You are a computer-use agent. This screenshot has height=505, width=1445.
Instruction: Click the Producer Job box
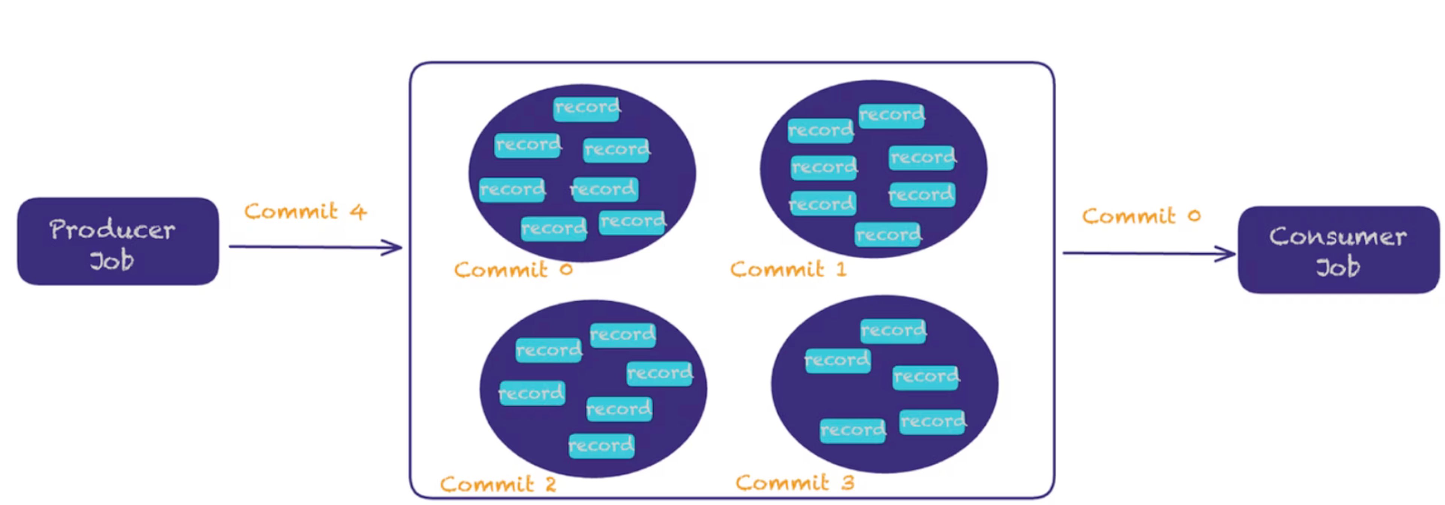pyautogui.click(x=118, y=241)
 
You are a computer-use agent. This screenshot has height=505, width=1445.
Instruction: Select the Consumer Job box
pyautogui.click(x=1339, y=250)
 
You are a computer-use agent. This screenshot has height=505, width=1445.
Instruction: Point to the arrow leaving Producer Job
pyautogui.click(x=316, y=247)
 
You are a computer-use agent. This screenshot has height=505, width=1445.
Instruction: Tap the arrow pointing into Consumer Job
pyautogui.click(x=1149, y=254)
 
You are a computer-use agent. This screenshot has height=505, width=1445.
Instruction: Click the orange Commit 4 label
pyautogui.click(x=306, y=211)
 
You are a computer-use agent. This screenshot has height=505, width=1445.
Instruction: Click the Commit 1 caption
pyautogui.click(x=788, y=269)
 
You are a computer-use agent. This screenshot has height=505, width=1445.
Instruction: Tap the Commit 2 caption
pyautogui.click(x=498, y=484)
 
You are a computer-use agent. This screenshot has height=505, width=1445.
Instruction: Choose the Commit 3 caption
pyautogui.click(x=795, y=482)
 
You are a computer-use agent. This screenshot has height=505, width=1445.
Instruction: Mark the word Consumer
pyautogui.click(x=1339, y=236)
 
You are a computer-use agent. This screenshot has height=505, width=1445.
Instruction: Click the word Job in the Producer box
pyautogui.click(x=112, y=261)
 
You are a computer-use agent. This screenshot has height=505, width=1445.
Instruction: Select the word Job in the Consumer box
pyautogui.click(x=1339, y=267)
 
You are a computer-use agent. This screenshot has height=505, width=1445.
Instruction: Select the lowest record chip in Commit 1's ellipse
pyautogui.click(x=888, y=234)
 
